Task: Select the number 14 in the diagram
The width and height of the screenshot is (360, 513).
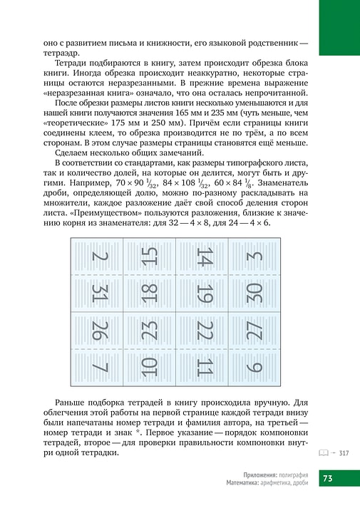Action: pyautogui.click(x=205, y=256)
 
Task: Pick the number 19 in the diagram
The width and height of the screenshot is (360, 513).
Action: pyautogui.click(x=205, y=293)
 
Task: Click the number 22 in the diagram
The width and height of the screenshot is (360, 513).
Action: pyautogui.click(x=205, y=331)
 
